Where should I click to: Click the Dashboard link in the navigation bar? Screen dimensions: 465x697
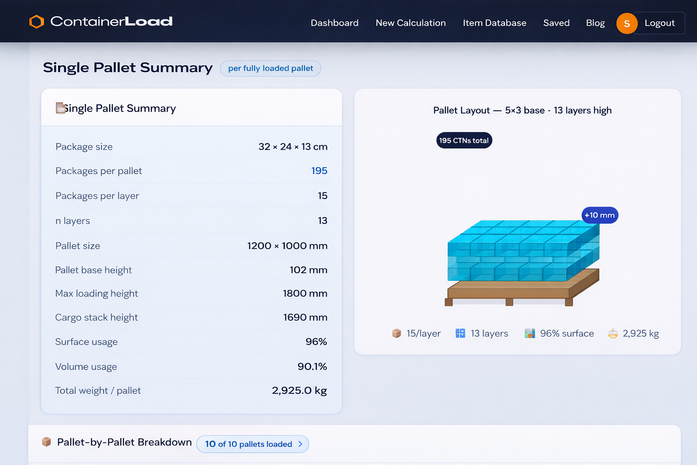click(334, 23)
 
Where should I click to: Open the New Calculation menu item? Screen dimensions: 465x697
click(411, 23)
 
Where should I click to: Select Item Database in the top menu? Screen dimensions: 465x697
click(494, 23)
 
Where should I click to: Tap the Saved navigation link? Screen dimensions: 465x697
click(556, 23)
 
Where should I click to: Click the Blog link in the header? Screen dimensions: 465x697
click(595, 23)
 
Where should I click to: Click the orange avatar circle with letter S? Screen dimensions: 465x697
click(627, 23)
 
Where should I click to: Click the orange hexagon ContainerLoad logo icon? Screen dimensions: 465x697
click(37, 22)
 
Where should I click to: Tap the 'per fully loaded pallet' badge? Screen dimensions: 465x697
click(270, 69)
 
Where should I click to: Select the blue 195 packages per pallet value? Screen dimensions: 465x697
click(319, 171)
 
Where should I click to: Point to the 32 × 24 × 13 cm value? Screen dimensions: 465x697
click(293, 147)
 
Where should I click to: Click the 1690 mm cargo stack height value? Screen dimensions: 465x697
click(305, 317)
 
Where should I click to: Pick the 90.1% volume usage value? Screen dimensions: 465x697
click(312, 366)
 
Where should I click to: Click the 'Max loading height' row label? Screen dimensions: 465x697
click(97, 294)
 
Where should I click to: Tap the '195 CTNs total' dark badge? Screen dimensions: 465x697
click(464, 141)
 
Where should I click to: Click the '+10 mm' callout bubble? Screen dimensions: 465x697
click(599, 215)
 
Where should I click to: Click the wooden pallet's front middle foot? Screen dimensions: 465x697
click(509, 302)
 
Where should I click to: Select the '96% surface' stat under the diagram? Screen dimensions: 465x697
click(560, 334)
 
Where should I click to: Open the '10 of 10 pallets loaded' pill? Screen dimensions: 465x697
click(252, 444)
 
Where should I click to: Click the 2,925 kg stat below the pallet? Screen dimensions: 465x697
click(634, 334)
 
